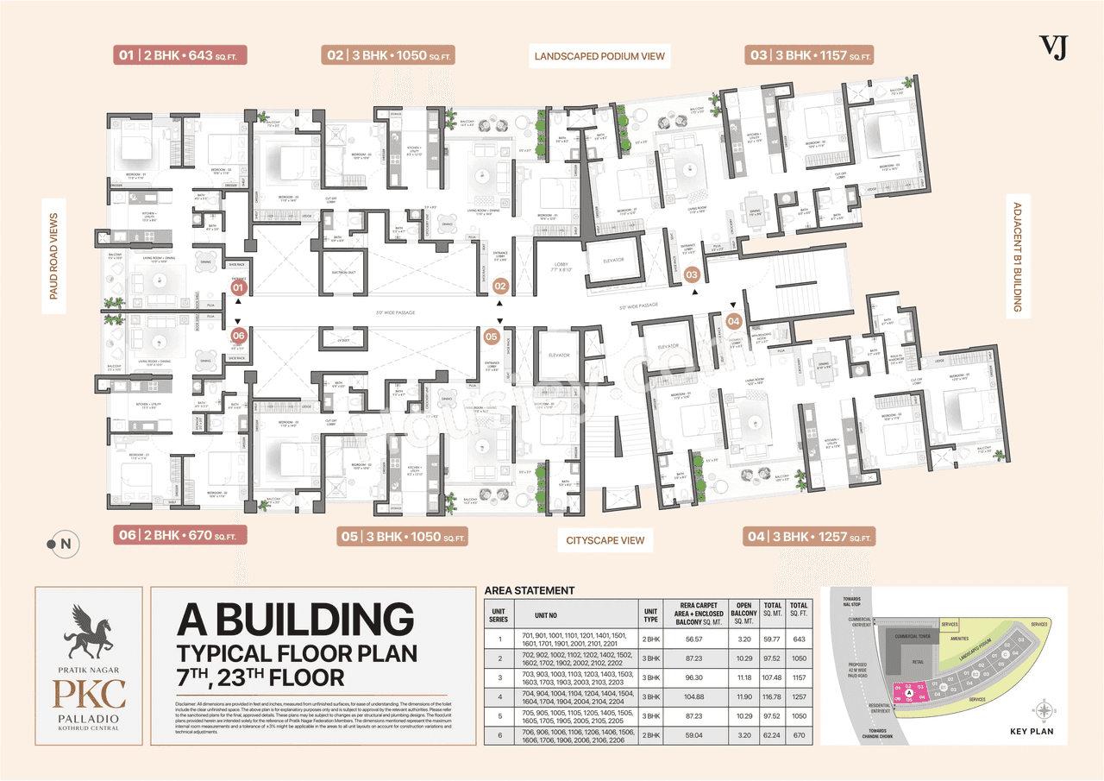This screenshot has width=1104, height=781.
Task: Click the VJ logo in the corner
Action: [1053, 48]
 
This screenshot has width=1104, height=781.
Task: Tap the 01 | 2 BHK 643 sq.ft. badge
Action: [181, 55]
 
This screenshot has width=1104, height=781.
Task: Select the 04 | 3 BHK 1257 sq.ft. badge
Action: [810, 537]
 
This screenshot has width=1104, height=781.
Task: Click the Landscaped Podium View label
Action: [599, 56]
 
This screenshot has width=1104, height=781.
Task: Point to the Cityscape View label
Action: [605, 540]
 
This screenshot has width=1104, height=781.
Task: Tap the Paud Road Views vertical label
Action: [53, 256]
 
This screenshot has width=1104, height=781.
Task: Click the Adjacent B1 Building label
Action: [1018, 256]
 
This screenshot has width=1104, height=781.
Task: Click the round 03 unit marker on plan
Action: [692, 274]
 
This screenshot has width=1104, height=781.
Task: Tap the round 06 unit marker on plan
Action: [239, 335]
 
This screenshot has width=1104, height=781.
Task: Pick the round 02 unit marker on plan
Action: [499, 284]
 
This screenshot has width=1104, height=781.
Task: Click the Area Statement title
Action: [530, 590]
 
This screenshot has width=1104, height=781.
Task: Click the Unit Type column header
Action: [650, 612]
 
